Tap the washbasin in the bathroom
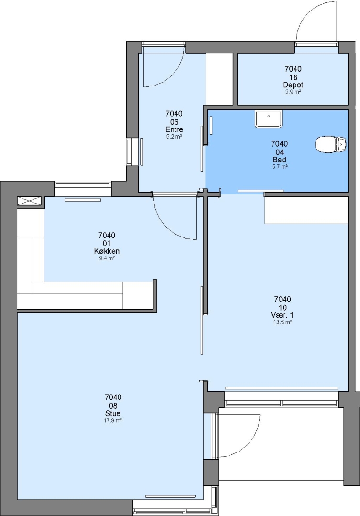coord(268,119)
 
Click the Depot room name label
coord(293,85)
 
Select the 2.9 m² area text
coord(293,92)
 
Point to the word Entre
coord(174,129)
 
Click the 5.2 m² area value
coord(174,137)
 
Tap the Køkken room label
coord(107,251)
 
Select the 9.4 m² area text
coord(107,258)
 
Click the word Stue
coord(113,413)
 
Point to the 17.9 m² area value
coord(113,420)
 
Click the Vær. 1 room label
coord(282,315)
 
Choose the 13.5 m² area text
coord(282,322)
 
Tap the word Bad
coord(279,160)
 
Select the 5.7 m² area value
coord(279,167)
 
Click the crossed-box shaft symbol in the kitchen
coord(29,201)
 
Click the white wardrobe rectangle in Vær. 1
coord(306,210)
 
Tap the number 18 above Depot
coord(293,77)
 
